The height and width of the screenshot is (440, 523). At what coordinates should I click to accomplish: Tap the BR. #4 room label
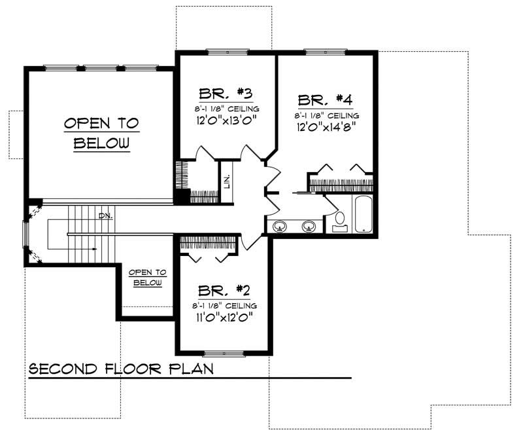click(326, 100)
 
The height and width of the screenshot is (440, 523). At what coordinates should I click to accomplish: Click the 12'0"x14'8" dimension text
click(326, 127)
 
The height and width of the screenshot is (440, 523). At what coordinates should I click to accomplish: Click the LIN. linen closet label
click(226, 181)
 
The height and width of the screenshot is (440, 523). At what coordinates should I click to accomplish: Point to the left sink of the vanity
click(280, 227)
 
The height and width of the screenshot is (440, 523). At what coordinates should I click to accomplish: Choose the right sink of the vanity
click(309, 227)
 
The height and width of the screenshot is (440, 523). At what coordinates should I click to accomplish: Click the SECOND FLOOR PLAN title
click(122, 369)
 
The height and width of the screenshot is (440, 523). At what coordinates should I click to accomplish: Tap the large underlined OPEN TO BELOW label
click(101, 133)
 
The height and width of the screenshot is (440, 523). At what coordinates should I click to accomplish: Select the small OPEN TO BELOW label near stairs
click(147, 277)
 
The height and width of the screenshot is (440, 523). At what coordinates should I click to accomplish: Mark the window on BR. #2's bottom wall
click(224, 354)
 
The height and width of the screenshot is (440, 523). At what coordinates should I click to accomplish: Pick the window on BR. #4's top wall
click(325, 51)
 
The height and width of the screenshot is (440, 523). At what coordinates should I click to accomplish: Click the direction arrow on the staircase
click(95, 249)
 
